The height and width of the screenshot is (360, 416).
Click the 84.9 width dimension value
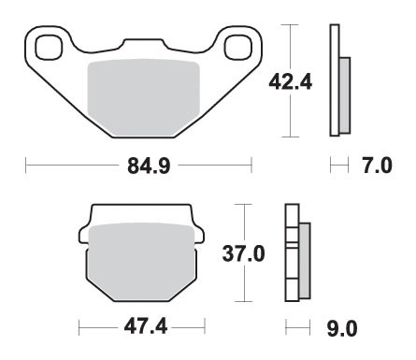[139, 167]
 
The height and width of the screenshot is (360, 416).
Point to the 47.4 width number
[141, 329]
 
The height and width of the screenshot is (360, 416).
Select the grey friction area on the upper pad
[142, 98]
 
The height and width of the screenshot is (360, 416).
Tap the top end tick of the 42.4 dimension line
[293, 24]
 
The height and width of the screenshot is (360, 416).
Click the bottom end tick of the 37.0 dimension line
[243, 301]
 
